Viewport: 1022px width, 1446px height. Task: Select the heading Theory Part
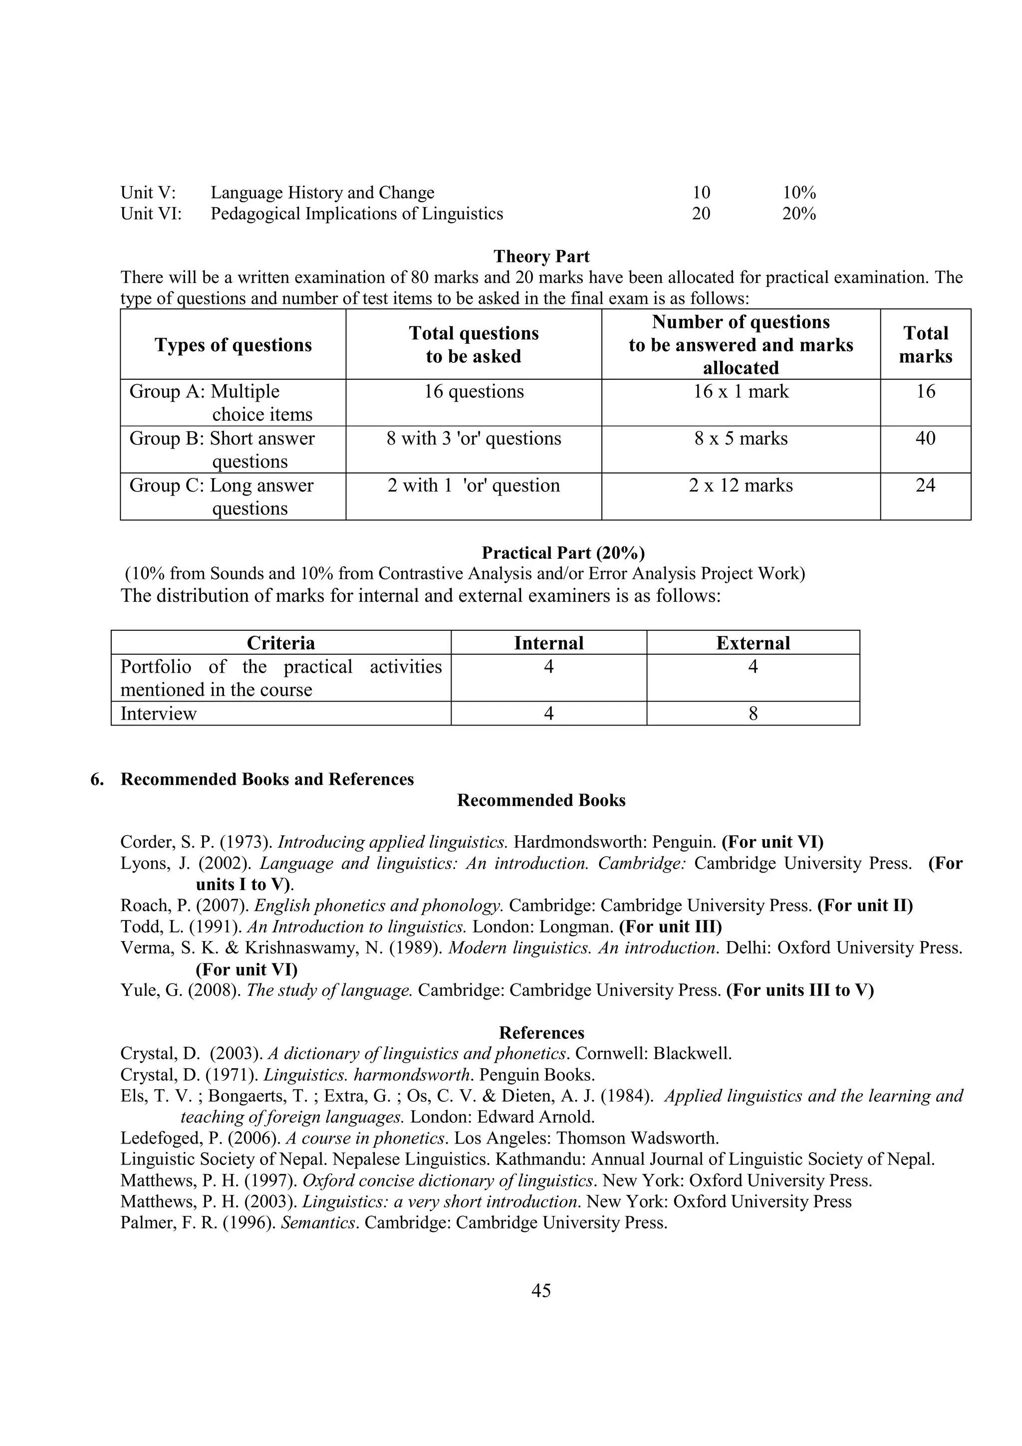[x=541, y=256]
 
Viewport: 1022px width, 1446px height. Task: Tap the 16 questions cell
[x=474, y=392]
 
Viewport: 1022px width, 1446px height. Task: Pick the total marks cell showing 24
[x=925, y=485]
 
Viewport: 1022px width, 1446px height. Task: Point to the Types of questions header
[x=233, y=345]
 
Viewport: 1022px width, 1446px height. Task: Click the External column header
[x=753, y=643]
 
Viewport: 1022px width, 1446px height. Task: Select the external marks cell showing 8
[x=753, y=714]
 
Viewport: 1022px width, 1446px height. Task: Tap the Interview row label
[x=159, y=714]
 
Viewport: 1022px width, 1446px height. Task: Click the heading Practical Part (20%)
[x=563, y=553]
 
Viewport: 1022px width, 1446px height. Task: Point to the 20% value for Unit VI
[x=798, y=214]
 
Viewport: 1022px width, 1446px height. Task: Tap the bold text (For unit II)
[x=865, y=906]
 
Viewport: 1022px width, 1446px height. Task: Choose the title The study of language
[x=329, y=990]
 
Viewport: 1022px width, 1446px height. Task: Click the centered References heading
[x=541, y=1033]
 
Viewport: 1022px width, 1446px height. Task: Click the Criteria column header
[x=280, y=643]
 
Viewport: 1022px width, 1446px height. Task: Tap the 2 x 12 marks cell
[x=741, y=485]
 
